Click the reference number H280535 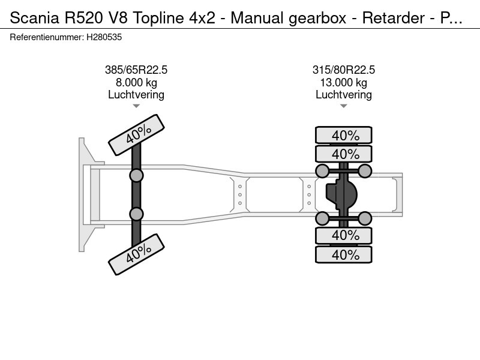coord(104,37)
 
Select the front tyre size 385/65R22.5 coord(136,70)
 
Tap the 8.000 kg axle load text coord(136,82)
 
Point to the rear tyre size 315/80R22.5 coord(343,70)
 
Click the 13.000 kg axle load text coord(343,82)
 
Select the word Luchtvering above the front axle coord(136,95)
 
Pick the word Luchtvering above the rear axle coord(343,95)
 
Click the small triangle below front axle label coord(136,106)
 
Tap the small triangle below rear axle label coord(343,106)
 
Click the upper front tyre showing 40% coord(137,135)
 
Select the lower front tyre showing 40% coord(137,254)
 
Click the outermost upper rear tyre coord(343,135)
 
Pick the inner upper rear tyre coord(343,154)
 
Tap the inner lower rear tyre coord(343,235)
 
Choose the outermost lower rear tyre coord(343,254)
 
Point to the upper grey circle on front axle coord(136,176)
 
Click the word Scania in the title coord(34,18)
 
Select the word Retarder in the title coord(394,18)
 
